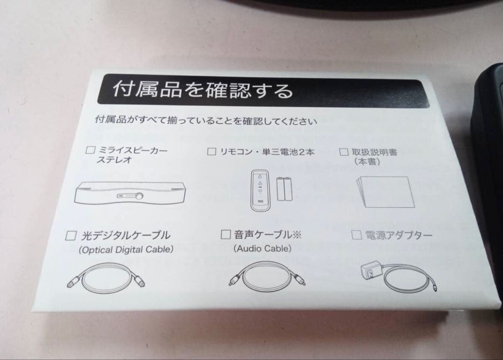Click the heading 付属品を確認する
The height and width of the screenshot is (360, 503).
point(203,89)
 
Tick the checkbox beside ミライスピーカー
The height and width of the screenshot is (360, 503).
point(90,150)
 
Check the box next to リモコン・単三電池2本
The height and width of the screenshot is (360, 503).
point(211,151)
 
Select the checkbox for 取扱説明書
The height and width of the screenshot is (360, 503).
point(344,152)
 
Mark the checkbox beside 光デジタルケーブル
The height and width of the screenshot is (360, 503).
point(71,235)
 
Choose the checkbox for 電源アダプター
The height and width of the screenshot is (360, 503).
point(357,235)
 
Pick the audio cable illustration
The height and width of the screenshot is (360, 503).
point(263,277)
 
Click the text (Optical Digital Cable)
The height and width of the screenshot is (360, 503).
point(126,250)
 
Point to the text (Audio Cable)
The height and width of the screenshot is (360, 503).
point(262,249)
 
